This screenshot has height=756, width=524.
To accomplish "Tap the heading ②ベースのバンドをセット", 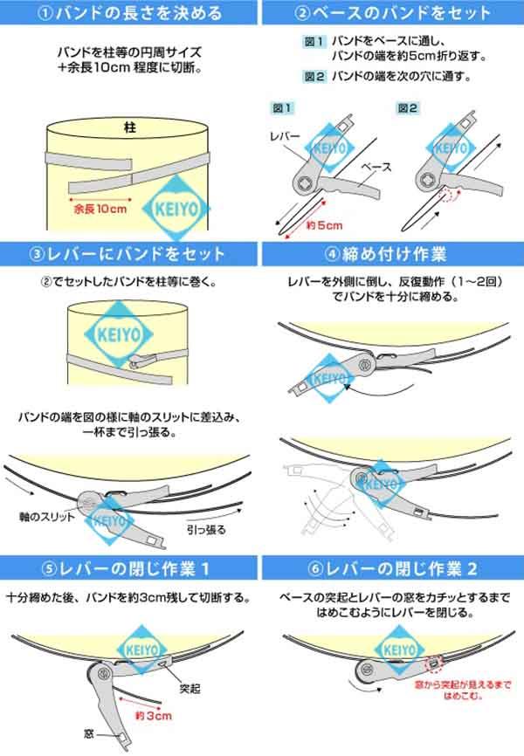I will pyautogui.click(x=394, y=12).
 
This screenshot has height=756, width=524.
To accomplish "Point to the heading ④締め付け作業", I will pyautogui.click(x=394, y=254).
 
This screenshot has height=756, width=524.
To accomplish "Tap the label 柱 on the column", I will pyautogui.click(x=131, y=127).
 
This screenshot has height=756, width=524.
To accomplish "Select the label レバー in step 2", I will pyautogui.click(x=286, y=137).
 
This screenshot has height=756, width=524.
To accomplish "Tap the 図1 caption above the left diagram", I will pyautogui.click(x=281, y=107).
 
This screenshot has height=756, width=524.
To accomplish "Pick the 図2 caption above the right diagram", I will pyautogui.click(x=407, y=107).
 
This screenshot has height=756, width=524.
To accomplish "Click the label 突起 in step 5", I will pyautogui.click(x=190, y=689).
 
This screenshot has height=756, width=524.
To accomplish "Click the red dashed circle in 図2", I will pyautogui.click(x=450, y=196).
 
